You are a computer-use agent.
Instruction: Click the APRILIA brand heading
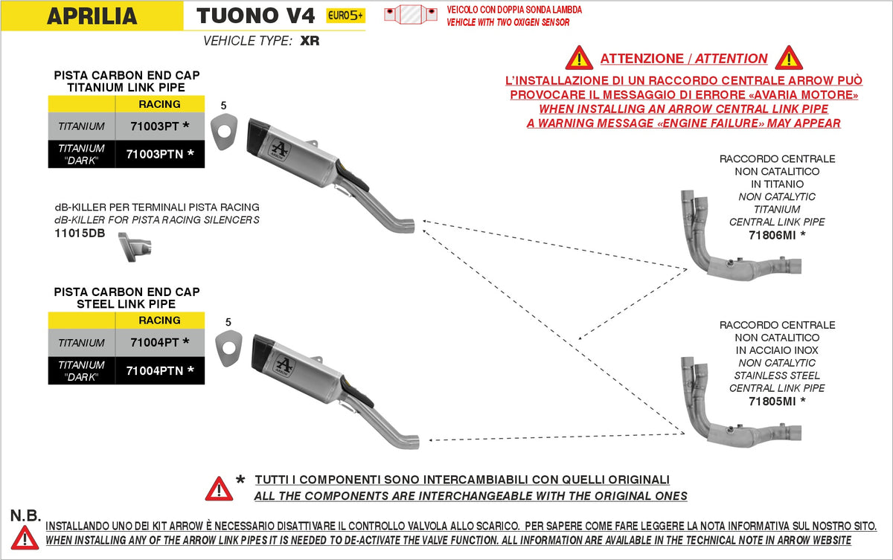pyautogui.click(x=92, y=16)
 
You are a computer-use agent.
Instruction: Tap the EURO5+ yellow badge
pyautogui.click(x=346, y=16)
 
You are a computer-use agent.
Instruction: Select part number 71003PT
pyautogui.click(x=159, y=126)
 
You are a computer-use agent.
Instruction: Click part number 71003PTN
pyautogui.click(x=159, y=154)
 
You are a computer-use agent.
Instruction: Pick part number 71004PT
pyautogui.click(x=159, y=342)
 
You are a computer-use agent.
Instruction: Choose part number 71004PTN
pyautogui.click(x=159, y=370)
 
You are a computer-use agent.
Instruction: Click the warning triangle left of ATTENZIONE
pyautogui.click(x=578, y=58)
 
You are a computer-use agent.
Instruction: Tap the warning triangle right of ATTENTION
pyautogui.click(x=788, y=58)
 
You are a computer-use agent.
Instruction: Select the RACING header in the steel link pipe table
pyautogui.click(x=159, y=321)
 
